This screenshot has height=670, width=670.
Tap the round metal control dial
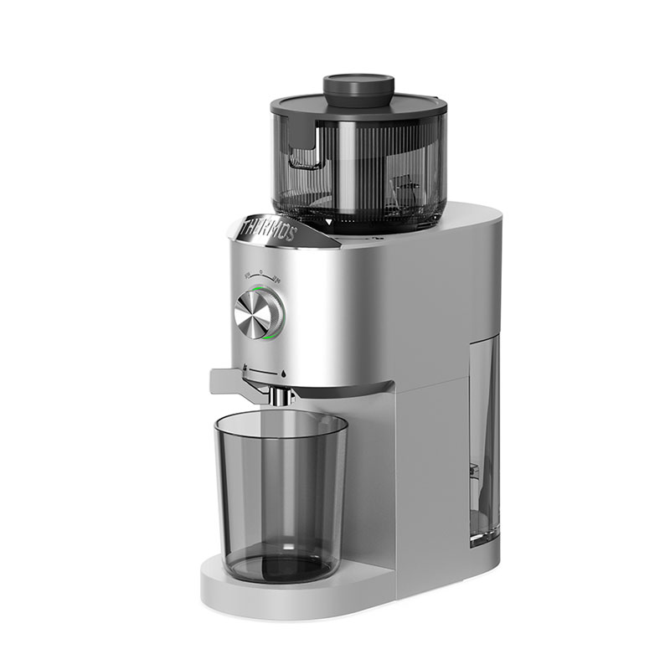pos(256,315)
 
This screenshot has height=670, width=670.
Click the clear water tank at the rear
pos(484,435)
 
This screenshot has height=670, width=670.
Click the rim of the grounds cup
pos(280,420)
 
